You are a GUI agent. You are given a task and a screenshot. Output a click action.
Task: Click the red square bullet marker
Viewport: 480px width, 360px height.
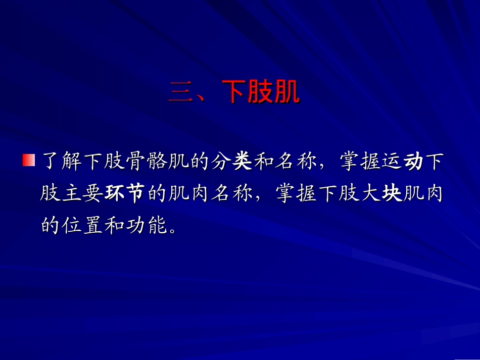click(x=28, y=161)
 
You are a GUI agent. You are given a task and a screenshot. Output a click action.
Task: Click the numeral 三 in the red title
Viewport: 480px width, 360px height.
click(x=181, y=93)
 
